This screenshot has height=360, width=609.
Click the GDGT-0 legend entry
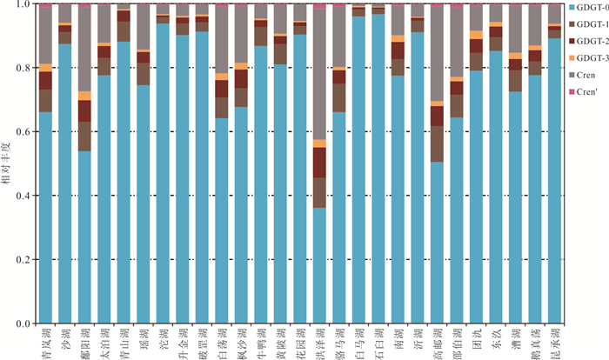click(590, 8)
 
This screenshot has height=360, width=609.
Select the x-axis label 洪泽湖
click(319, 341)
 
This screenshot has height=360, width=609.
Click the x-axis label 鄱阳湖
click(84, 341)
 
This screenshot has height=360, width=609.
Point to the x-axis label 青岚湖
click(45, 341)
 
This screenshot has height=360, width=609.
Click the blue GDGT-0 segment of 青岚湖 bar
click(45, 217)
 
